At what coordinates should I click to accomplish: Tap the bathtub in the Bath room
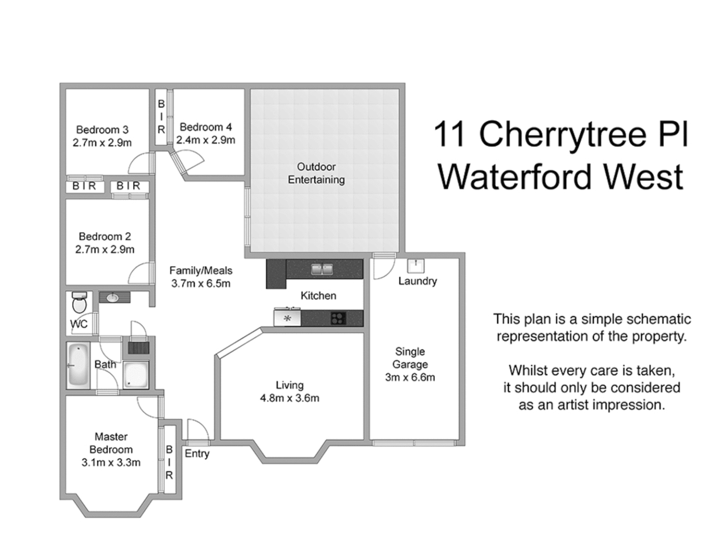click(x=78, y=365)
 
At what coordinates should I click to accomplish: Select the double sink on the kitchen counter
click(x=322, y=269)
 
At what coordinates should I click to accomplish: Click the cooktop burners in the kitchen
click(x=338, y=318)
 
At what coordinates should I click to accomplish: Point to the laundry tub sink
click(x=415, y=265)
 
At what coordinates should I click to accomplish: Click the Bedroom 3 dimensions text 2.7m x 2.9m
click(x=102, y=143)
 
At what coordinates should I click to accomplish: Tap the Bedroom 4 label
click(x=206, y=127)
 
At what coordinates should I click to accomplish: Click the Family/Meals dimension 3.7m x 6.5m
click(x=201, y=284)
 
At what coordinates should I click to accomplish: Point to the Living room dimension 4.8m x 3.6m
click(x=289, y=398)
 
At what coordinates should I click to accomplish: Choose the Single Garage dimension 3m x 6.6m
click(x=410, y=377)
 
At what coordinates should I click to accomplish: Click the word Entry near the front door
click(x=197, y=453)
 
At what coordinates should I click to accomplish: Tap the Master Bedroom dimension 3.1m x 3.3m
click(x=111, y=462)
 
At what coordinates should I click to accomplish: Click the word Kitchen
click(x=318, y=296)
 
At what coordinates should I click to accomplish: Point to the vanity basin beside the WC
click(x=112, y=298)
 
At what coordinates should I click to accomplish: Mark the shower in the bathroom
click(x=136, y=375)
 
